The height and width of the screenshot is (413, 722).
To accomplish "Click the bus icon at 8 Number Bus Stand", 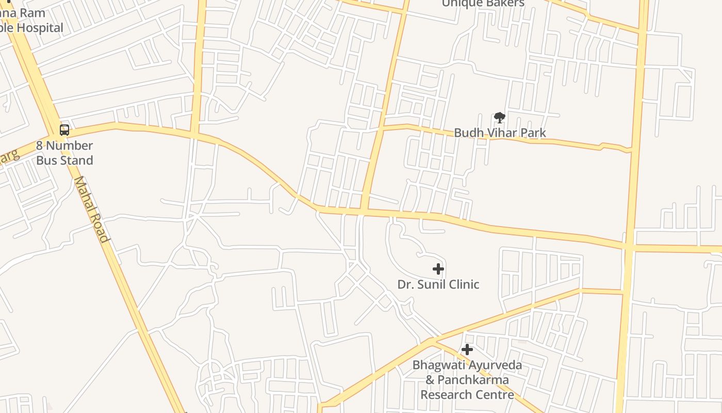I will (64, 130).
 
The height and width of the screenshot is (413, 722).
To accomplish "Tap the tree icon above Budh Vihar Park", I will (499, 118).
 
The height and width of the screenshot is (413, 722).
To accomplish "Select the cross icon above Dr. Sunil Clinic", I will (438, 269).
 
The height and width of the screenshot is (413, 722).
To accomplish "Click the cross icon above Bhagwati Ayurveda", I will (467, 350).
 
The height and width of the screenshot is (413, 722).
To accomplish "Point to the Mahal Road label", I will (92, 209).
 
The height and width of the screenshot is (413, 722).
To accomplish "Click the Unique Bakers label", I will (483, 4).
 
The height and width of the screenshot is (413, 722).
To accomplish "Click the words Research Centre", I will (467, 395).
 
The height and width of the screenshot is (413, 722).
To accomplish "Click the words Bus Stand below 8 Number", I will (64, 161).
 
